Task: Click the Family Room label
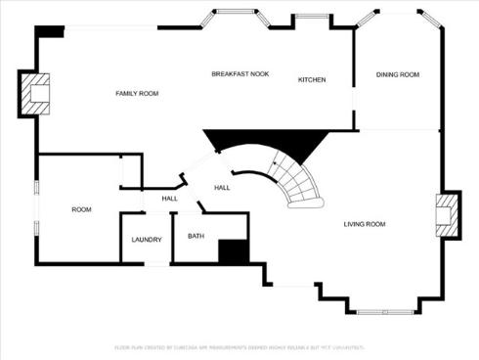click(x=137, y=93)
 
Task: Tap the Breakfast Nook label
click(x=239, y=74)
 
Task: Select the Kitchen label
click(x=312, y=79)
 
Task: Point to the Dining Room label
click(x=398, y=74)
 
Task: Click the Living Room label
click(x=364, y=224)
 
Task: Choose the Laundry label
click(x=147, y=240)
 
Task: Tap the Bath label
click(x=196, y=236)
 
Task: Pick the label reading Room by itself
click(x=81, y=209)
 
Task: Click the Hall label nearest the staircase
click(x=222, y=188)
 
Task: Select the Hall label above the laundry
click(x=169, y=200)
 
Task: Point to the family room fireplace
click(x=37, y=93)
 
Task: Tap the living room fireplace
click(x=445, y=213)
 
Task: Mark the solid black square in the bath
click(x=233, y=251)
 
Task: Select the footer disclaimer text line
click(x=239, y=347)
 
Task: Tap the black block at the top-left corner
click(x=49, y=31)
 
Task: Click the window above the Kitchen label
click(x=311, y=17)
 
